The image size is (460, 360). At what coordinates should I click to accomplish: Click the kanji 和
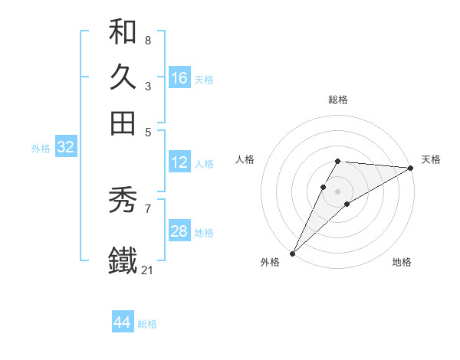pyautogui.click(x=123, y=31)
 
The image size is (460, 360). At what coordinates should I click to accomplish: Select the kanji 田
pyautogui.click(x=123, y=123)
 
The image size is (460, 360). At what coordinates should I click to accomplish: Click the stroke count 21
pyautogui.click(x=148, y=270)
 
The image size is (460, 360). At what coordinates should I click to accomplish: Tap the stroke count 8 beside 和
pyautogui.click(x=147, y=40)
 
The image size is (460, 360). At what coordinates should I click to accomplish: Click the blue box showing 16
pyautogui.click(x=179, y=78)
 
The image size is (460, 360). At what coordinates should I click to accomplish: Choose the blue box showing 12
pyautogui.click(x=179, y=162)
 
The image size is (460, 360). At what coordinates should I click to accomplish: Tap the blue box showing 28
pyautogui.click(x=179, y=231)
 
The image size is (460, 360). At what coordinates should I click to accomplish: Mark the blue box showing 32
pyautogui.click(x=65, y=148)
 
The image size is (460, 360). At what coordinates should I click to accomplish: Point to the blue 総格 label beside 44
pyautogui.click(x=147, y=324)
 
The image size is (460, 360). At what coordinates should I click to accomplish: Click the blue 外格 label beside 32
pyautogui.click(x=40, y=149)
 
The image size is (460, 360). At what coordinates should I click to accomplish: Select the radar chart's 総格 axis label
pyautogui.click(x=337, y=100)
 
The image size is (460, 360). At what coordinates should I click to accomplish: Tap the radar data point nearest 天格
pyautogui.click(x=410, y=168)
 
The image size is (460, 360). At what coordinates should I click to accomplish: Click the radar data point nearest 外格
pyautogui.click(x=292, y=253)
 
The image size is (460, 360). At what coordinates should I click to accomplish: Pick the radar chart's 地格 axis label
pyautogui.click(x=402, y=263)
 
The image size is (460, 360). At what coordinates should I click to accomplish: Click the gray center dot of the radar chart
pyautogui.click(x=337, y=191)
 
